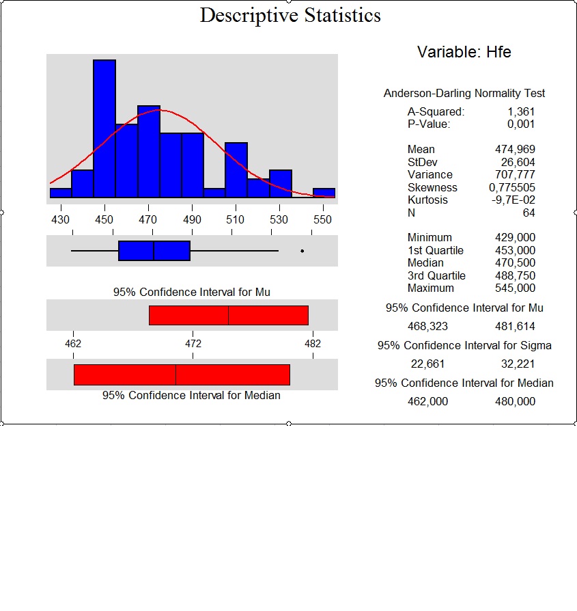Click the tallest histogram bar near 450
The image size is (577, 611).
tap(104, 128)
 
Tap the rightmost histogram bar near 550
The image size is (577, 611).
tap(324, 193)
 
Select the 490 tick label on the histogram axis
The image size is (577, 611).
tap(192, 220)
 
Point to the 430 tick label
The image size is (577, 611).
tap(60, 220)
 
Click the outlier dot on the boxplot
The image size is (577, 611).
tap(302, 251)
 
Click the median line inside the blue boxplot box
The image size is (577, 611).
tap(154, 251)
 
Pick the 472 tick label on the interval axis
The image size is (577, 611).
tap(193, 344)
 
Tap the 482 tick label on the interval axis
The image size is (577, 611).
tap(313, 344)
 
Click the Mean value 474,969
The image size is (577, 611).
tap(515, 149)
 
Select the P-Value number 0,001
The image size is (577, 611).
tap(521, 124)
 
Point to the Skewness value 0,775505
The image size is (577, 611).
tap(512, 187)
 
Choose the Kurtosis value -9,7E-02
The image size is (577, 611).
tap(513, 200)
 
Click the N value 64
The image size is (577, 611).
tap(529, 213)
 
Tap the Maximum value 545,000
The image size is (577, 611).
tap(515, 288)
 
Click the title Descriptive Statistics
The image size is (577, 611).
tap(290, 16)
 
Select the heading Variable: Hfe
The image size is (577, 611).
tap(464, 52)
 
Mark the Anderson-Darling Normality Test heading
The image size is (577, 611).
tap(464, 94)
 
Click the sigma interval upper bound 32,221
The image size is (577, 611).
tap(518, 364)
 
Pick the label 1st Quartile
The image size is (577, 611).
tap(436, 250)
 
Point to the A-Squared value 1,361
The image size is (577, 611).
tap(521, 111)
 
